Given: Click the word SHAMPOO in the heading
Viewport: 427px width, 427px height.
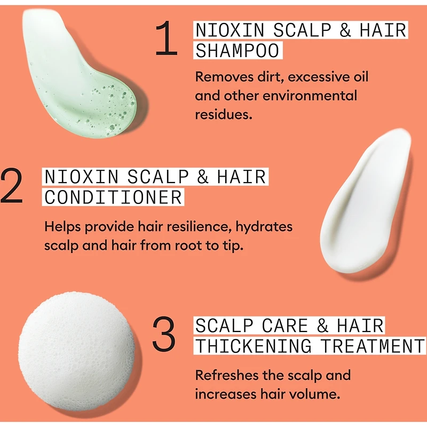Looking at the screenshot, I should [238, 50].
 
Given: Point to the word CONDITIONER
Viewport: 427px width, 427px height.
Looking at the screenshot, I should [113, 197].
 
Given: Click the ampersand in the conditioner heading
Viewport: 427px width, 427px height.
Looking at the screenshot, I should [202, 177].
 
